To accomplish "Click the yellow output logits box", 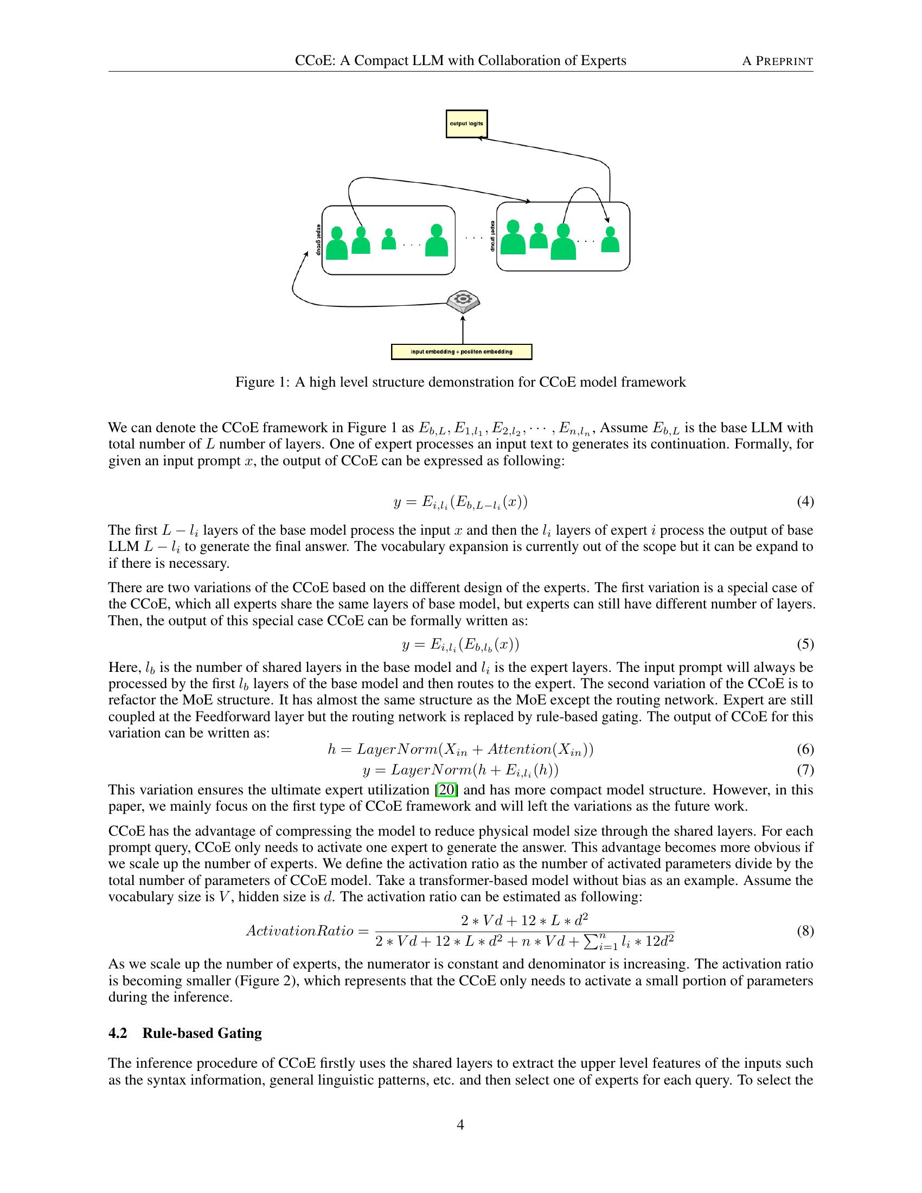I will (466, 124).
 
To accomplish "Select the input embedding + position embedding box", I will (462, 352).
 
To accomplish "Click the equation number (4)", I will (805, 502).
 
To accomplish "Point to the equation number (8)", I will (805, 931).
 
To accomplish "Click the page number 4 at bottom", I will (460, 1124).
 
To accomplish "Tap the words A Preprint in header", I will (777, 61).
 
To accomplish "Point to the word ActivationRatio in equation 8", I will (299, 930).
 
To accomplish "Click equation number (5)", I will (805, 644).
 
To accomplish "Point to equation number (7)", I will (805, 769).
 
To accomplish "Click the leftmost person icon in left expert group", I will (337, 243).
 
